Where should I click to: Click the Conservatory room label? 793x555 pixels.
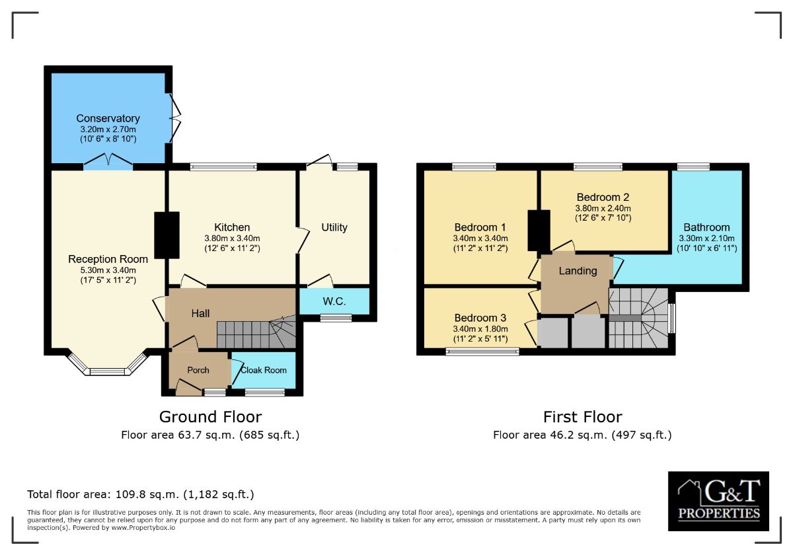coord(108,118)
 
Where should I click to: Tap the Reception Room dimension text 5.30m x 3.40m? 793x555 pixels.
coord(108,270)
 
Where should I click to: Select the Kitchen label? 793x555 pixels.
coord(232,227)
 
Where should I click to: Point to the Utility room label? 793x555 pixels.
coord(334,227)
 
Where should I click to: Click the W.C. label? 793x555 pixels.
coord(334,301)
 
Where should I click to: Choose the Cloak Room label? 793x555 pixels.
coord(264,370)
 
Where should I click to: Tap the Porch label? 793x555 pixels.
coord(198,370)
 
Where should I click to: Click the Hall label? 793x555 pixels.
coord(200,313)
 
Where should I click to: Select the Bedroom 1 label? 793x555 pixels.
coord(480,227)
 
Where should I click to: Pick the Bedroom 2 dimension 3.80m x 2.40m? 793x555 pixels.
coord(603,208)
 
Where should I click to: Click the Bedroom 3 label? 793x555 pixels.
coord(480,318)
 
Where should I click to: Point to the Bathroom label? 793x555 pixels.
coord(706,227)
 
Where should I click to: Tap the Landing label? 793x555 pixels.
coord(578,271)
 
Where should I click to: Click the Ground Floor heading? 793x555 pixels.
coord(211,417)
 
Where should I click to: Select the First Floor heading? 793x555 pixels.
coord(583,417)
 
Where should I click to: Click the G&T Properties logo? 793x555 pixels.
coord(718,501)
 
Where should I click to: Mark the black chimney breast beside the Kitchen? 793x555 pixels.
coord(167,235)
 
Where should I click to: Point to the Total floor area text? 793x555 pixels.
coord(141,494)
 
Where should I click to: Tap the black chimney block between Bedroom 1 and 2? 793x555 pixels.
coord(539,231)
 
